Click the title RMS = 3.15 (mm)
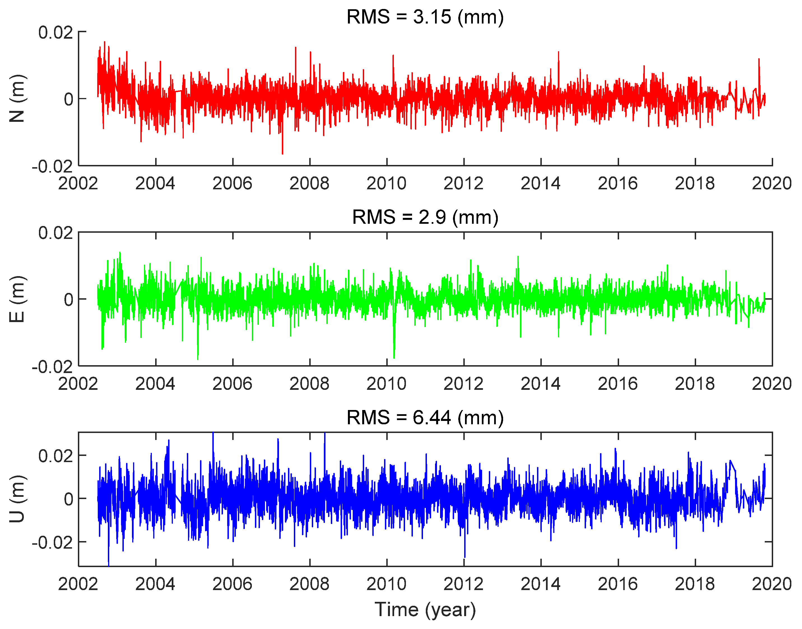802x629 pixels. pos(425,17)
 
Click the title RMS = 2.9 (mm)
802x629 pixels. pos(425,217)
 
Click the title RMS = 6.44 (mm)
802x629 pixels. pos(425,417)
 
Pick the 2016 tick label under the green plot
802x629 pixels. pos(617,384)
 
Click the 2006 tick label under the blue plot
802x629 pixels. pos(232,584)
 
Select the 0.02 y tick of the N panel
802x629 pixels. pos(56,32)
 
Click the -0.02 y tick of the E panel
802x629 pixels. pos(52,367)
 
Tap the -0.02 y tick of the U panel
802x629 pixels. pos(52,542)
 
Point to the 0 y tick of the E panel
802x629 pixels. pos(69,299)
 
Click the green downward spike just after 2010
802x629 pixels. pos(394,357)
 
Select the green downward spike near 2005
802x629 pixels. pos(198,358)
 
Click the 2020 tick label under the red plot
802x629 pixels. pos(771,183)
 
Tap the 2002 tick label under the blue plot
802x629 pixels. pos(78,584)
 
